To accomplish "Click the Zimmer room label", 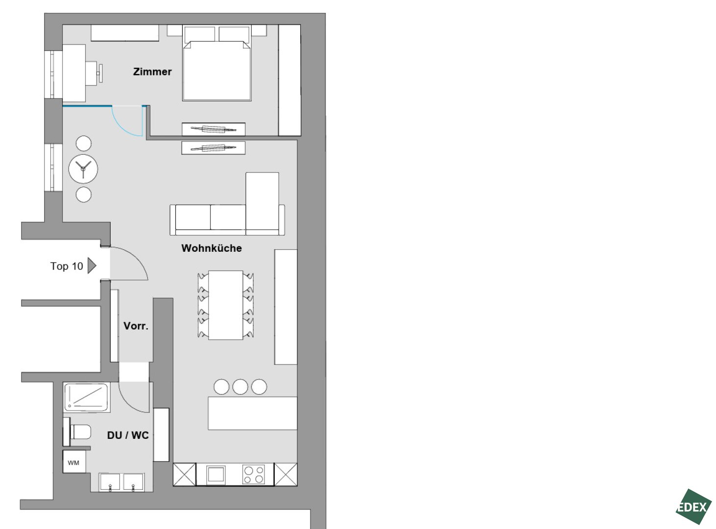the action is [x=152, y=72].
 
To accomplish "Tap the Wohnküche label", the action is [x=212, y=248].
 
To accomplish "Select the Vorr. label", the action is [x=136, y=326].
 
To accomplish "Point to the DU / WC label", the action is [x=128, y=435].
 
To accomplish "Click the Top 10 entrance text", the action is [x=67, y=266].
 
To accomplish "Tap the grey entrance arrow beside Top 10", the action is [x=92, y=266].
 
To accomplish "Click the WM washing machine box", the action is [x=74, y=462].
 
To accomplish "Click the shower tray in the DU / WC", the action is [x=87, y=397].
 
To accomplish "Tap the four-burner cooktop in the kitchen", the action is [x=253, y=474].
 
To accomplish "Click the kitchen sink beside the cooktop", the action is [x=215, y=475].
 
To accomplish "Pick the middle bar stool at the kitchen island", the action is [x=240, y=386].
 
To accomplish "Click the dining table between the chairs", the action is [x=225, y=305].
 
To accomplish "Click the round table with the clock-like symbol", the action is [x=83, y=169].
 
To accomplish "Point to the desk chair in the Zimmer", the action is [x=94, y=73].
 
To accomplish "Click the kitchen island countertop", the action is [x=252, y=413].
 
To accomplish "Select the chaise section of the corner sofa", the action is [x=262, y=201].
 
